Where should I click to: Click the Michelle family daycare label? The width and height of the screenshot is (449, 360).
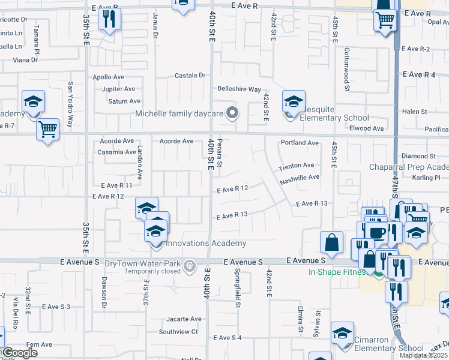178,113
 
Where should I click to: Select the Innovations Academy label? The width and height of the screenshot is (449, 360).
206,243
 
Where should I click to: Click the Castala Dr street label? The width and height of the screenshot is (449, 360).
190,76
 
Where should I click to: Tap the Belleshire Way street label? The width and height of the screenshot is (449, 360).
239,89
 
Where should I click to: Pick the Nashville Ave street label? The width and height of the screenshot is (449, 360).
300,178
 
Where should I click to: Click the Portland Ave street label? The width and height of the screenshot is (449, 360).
300,143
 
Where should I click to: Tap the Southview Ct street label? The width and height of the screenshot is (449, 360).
178,331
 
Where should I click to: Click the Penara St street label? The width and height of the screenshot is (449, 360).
220,152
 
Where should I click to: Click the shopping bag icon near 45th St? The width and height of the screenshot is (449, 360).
331,242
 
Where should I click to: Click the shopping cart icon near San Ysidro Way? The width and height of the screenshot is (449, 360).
47,128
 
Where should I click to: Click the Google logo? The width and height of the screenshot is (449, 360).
19,353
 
